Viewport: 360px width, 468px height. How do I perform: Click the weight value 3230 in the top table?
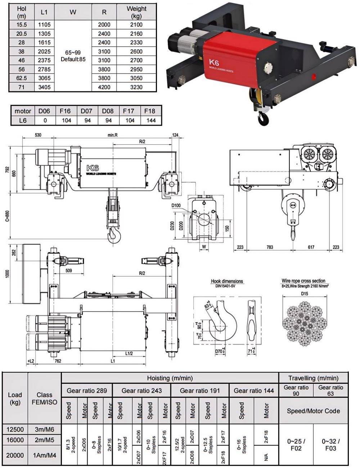coord(136,87)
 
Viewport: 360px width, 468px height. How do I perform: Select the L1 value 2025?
coord(44,51)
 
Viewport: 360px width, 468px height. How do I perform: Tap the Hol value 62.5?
coord(22,78)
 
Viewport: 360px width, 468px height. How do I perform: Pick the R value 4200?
coord(104,87)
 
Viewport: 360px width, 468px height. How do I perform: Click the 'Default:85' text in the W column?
coord(73,59)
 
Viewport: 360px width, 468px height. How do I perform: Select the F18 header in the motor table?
coord(149,111)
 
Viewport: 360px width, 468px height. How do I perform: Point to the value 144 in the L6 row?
coord(149,120)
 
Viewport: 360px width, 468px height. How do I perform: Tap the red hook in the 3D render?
coord(261,117)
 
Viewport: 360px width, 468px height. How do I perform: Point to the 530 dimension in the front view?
coord(38,135)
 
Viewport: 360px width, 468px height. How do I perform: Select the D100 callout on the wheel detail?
coord(176,206)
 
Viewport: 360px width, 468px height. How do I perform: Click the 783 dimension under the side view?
coord(270,247)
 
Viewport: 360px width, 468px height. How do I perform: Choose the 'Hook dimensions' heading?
coord(227,281)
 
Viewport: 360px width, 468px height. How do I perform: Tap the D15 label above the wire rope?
coord(305,293)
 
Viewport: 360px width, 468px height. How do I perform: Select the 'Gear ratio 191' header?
coord(200,391)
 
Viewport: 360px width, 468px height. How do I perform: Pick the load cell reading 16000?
coord(15,440)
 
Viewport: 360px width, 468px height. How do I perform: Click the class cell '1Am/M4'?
coord(45,455)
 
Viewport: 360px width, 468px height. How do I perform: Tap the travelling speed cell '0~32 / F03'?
coord(330,445)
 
